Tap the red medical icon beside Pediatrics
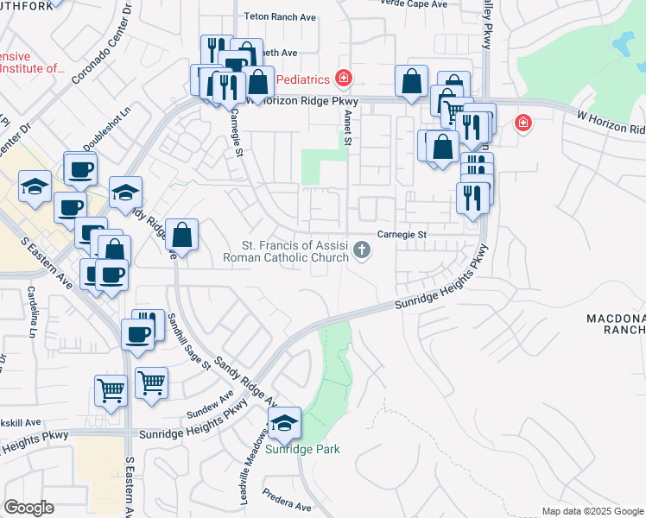point(344,79)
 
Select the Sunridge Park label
point(302,449)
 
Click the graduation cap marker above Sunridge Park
point(283,422)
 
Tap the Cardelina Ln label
point(34,311)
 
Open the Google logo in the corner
point(28,508)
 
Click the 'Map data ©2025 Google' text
point(593,511)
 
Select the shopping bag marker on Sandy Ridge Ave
point(182,234)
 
